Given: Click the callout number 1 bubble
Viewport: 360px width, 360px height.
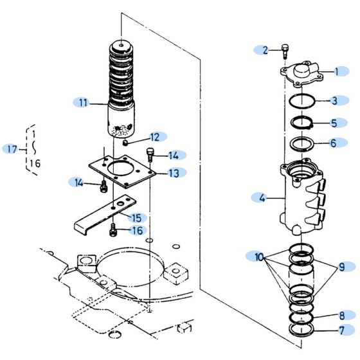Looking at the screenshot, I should click(340, 73).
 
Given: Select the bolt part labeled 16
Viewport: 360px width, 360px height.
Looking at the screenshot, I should click(113, 228).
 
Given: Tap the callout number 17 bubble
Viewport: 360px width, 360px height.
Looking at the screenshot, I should click(12, 149).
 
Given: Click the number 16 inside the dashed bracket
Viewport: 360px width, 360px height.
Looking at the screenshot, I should click(35, 163).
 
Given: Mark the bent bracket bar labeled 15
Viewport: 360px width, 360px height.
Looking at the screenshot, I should click(103, 213).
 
